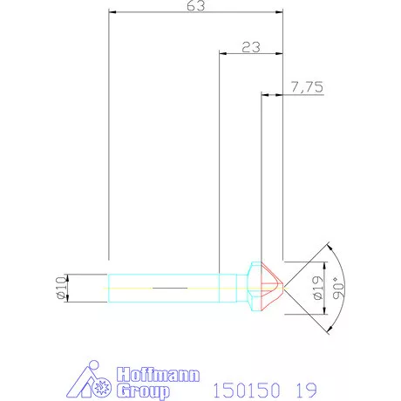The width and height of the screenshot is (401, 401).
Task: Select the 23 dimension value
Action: coord(250,48)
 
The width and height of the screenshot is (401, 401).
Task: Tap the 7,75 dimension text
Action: coord(307,87)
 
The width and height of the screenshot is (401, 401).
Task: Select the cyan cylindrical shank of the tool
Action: coord(166,287)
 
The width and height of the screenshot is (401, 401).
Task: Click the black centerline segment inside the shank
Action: coord(170,287)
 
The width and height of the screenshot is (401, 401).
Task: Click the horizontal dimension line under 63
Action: coord(196,14)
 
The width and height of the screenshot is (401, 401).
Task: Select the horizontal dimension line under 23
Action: coord(250,54)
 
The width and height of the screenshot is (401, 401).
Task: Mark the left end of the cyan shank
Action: coord(109,287)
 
